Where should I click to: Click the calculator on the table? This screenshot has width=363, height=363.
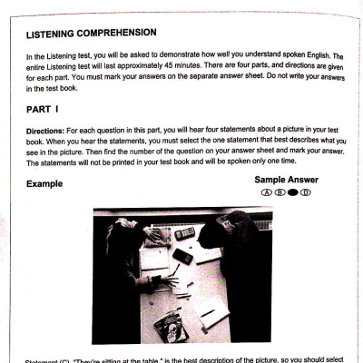tap(186, 233)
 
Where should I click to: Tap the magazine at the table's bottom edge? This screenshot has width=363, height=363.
tap(172, 325)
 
